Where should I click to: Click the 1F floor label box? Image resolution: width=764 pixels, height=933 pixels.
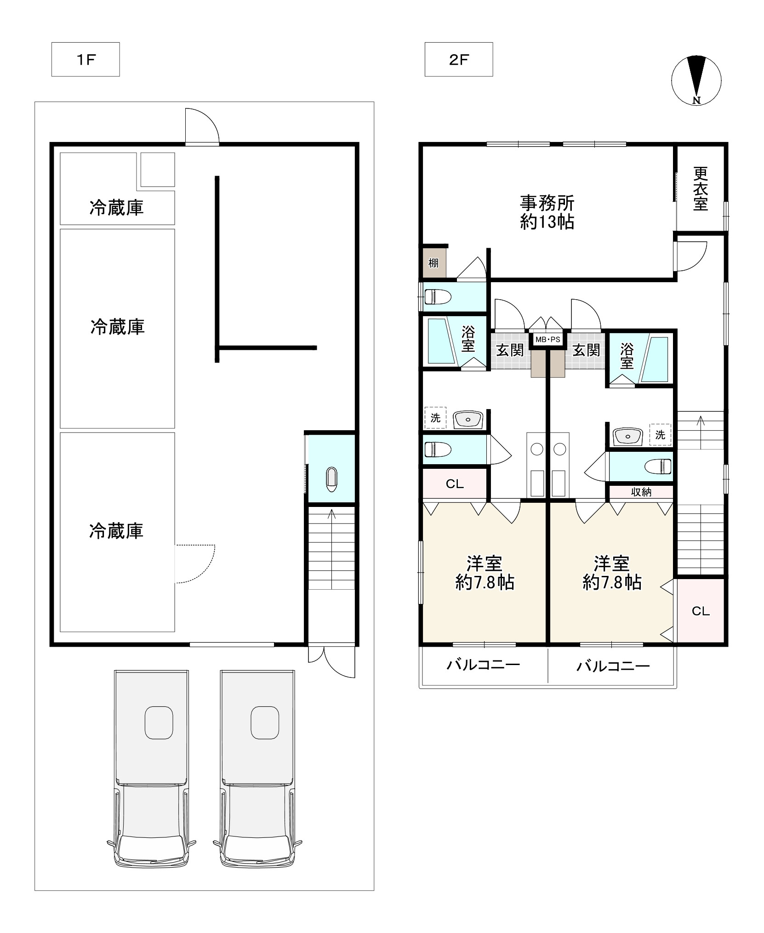(x=86, y=59)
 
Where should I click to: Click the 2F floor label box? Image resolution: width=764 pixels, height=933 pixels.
(x=459, y=59)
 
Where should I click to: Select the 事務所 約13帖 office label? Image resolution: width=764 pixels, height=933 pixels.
(x=547, y=212)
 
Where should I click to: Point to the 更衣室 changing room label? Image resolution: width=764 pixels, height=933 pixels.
(x=701, y=188)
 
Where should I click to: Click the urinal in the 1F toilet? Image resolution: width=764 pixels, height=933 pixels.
(x=331, y=479)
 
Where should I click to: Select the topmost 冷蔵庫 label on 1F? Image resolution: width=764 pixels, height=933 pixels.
(x=117, y=208)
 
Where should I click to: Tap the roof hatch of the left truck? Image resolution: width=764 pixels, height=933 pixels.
(x=159, y=723)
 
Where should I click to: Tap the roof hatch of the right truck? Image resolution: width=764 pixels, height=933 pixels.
(x=265, y=723)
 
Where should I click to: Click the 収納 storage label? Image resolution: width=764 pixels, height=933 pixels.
(x=641, y=492)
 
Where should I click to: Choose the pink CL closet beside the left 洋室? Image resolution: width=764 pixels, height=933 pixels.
(x=455, y=484)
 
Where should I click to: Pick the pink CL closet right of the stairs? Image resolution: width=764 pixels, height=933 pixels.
(x=701, y=611)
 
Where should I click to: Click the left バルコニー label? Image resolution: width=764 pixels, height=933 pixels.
(x=484, y=665)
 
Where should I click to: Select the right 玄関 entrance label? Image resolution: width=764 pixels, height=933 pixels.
(x=586, y=350)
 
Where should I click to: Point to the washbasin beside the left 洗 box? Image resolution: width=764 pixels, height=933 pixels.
(x=468, y=419)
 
